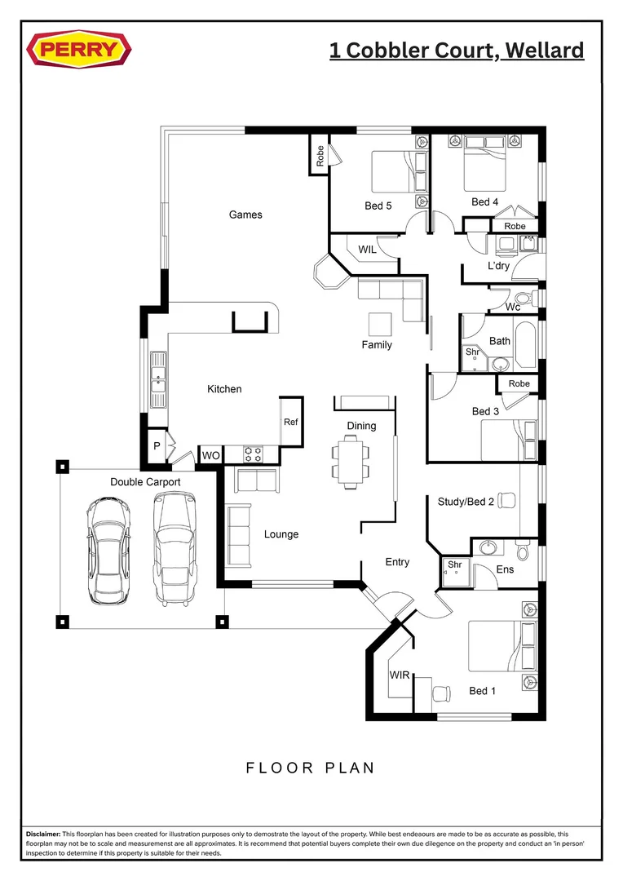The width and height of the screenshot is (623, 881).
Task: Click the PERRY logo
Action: click(78, 51)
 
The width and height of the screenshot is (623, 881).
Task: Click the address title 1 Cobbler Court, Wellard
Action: click(457, 51)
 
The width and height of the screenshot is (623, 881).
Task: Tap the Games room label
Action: click(245, 215)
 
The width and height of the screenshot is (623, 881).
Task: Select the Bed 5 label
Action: click(378, 206)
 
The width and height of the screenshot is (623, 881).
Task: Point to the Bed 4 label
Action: click(484, 201)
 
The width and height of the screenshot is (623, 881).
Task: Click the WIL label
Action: click(367, 250)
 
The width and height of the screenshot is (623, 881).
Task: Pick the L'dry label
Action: click(498, 267)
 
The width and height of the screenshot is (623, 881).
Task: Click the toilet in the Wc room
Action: click(522, 297)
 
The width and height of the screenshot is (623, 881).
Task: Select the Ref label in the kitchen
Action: click(291, 422)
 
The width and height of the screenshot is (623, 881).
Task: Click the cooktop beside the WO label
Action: click(253, 452)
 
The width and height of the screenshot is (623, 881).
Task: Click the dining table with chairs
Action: click(350, 460)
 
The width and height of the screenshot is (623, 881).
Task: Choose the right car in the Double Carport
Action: click(175, 548)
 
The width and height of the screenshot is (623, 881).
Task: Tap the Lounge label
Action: click(281, 534)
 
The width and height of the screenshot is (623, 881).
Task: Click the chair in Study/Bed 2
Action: click(506, 499)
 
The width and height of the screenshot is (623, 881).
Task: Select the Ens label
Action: click(505, 569)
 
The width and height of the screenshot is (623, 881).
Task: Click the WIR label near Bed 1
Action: click(399, 676)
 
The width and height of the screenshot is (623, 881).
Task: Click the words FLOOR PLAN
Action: click(310, 768)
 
